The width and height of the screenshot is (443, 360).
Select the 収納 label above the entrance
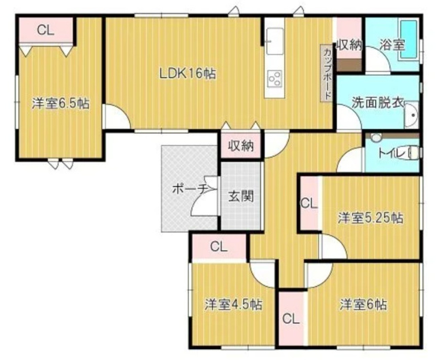[241, 145]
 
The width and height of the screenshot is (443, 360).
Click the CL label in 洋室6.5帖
[46, 29]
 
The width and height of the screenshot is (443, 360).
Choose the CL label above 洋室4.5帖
[219, 246]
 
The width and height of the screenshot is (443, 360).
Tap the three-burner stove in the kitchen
[277, 79]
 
